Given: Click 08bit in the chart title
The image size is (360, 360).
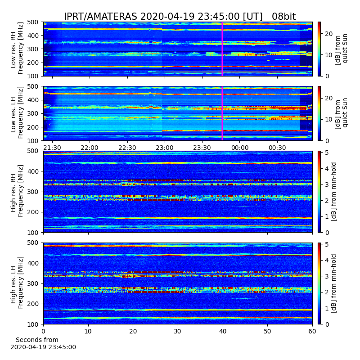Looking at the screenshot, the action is pyautogui.click(x=284, y=17).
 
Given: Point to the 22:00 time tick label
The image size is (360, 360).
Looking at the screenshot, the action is pyautogui.click(x=90, y=148).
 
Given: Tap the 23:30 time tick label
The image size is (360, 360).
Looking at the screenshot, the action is pyautogui.click(x=202, y=148).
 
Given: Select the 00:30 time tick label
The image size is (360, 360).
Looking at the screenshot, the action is pyautogui.click(x=277, y=148).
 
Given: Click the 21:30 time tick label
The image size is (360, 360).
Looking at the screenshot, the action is pyautogui.click(x=52, y=148).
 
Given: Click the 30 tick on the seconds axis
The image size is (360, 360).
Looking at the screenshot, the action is pyautogui.click(x=178, y=331).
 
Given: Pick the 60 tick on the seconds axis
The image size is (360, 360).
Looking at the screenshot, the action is pyautogui.click(x=312, y=331).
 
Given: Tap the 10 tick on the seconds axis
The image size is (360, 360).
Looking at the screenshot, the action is pyautogui.click(x=88, y=331).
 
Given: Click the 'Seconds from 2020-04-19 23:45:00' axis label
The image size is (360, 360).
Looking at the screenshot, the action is pyautogui.click(x=43, y=343).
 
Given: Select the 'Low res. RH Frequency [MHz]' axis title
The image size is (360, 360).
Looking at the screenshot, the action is pyautogui.click(x=17, y=49).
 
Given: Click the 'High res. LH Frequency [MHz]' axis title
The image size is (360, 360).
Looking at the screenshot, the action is pyautogui.click(x=17, y=283).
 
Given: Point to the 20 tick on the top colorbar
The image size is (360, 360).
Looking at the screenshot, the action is pyautogui.click(x=328, y=34).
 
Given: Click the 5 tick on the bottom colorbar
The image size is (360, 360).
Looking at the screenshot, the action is pyautogui.click(x=327, y=244).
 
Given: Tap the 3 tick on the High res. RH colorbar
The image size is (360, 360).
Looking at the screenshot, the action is pyautogui.click(x=327, y=184).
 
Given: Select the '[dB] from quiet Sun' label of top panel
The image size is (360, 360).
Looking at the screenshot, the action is pyautogui.click(x=341, y=49).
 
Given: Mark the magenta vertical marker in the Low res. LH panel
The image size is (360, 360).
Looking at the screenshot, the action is pyautogui.click(x=222, y=113).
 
